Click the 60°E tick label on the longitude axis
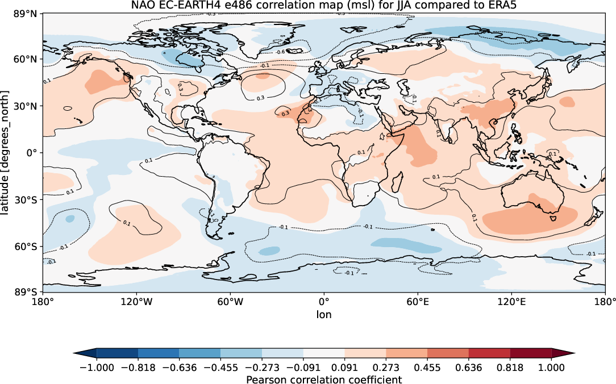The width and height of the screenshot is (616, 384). pyautogui.click(x=418, y=302)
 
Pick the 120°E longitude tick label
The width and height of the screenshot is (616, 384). pyautogui.click(x=511, y=302)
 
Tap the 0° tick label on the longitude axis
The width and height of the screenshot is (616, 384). pyautogui.click(x=324, y=302)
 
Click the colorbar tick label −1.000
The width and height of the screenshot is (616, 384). pyautogui.click(x=96, y=368)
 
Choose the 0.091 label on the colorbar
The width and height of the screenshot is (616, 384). pyautogui.click(x=344, y=368)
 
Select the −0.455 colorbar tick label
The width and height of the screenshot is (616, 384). pyautogui.click(x=220, y=368)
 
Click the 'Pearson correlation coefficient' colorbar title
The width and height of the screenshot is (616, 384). pyautogui.click(x=324, y=379)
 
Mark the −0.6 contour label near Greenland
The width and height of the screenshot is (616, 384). pyautogui.click(x=280, y=52)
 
